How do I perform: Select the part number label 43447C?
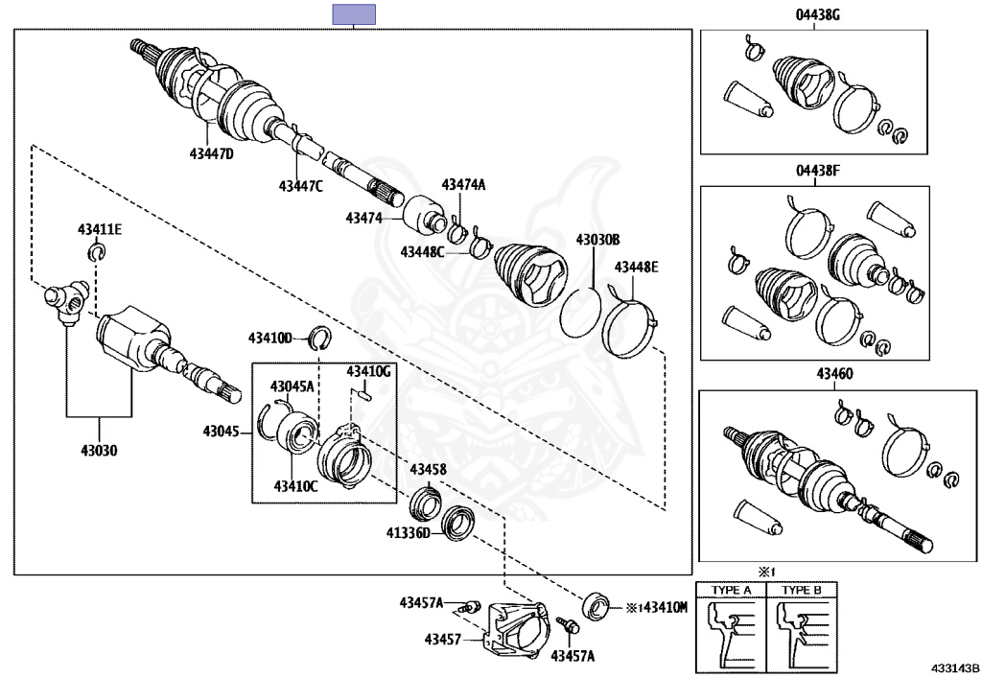(301, 186)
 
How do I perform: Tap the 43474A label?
(463, 185)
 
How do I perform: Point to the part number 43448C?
(423, 252)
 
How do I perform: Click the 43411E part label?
(100, 229)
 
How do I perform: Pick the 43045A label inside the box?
(292, 386)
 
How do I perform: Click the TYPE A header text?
(731, 590)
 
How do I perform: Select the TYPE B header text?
(802, 590)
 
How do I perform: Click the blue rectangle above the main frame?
(353, 14)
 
